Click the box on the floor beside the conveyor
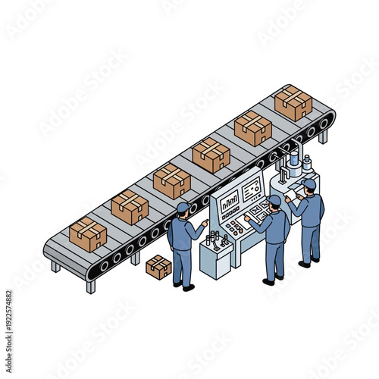point(158,267)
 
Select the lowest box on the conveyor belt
point(88,233)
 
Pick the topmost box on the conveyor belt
point(293,102)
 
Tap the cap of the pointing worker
point(183,207)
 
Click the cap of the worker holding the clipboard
point(308,183)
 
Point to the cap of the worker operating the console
point(274,200)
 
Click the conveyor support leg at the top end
point(323,137)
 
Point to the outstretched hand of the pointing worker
point(205,223)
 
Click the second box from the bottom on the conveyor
point(130,207)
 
